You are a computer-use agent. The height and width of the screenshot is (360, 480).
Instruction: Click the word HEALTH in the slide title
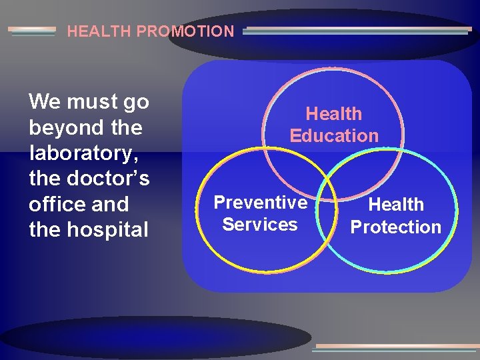(92, 31)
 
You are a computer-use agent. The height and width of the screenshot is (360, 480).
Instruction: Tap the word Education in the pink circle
(334, 136)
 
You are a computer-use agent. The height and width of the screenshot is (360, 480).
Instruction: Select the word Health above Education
(334, 114)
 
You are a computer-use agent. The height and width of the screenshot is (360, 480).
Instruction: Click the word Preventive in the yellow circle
(261, 203)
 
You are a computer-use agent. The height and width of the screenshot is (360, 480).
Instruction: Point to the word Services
(260, 225)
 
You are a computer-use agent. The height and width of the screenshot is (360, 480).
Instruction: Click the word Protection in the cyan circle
(396, 227)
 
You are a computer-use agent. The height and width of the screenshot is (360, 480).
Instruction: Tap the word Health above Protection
(397, 205)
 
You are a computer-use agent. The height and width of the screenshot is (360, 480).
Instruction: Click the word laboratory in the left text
(80, 153)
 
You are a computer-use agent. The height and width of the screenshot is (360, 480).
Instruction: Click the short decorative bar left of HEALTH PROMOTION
(32, 31)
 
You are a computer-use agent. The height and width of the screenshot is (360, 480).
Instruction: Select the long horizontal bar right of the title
(357, 30)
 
